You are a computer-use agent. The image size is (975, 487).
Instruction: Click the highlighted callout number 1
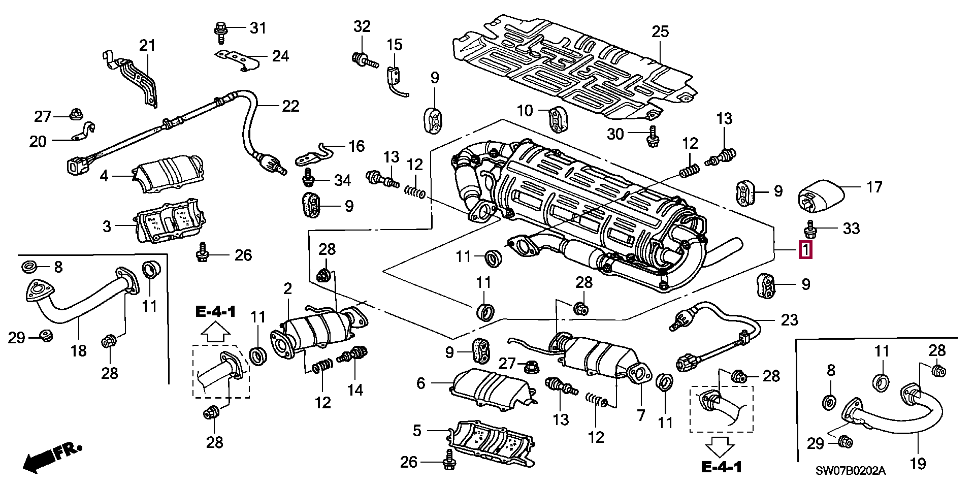(x=805, y=250)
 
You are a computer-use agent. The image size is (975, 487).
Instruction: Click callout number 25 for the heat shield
(x=660, y=31)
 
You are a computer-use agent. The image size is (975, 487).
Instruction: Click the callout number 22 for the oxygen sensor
(x=290, y=106)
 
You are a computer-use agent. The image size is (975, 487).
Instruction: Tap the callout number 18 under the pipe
(x=79, y=350)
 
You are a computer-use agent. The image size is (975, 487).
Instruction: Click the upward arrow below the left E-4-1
(x=216, y=333)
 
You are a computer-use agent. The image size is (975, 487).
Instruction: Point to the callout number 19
(x=918, y=463)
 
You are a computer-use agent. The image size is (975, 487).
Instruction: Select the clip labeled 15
(x=395, y=79)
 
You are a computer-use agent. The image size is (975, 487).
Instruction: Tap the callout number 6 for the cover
(x=420, y=383)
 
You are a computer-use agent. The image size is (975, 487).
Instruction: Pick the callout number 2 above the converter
(x=287, y=289)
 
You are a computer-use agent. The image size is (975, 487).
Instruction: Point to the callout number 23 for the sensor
(x=789, y=320)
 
